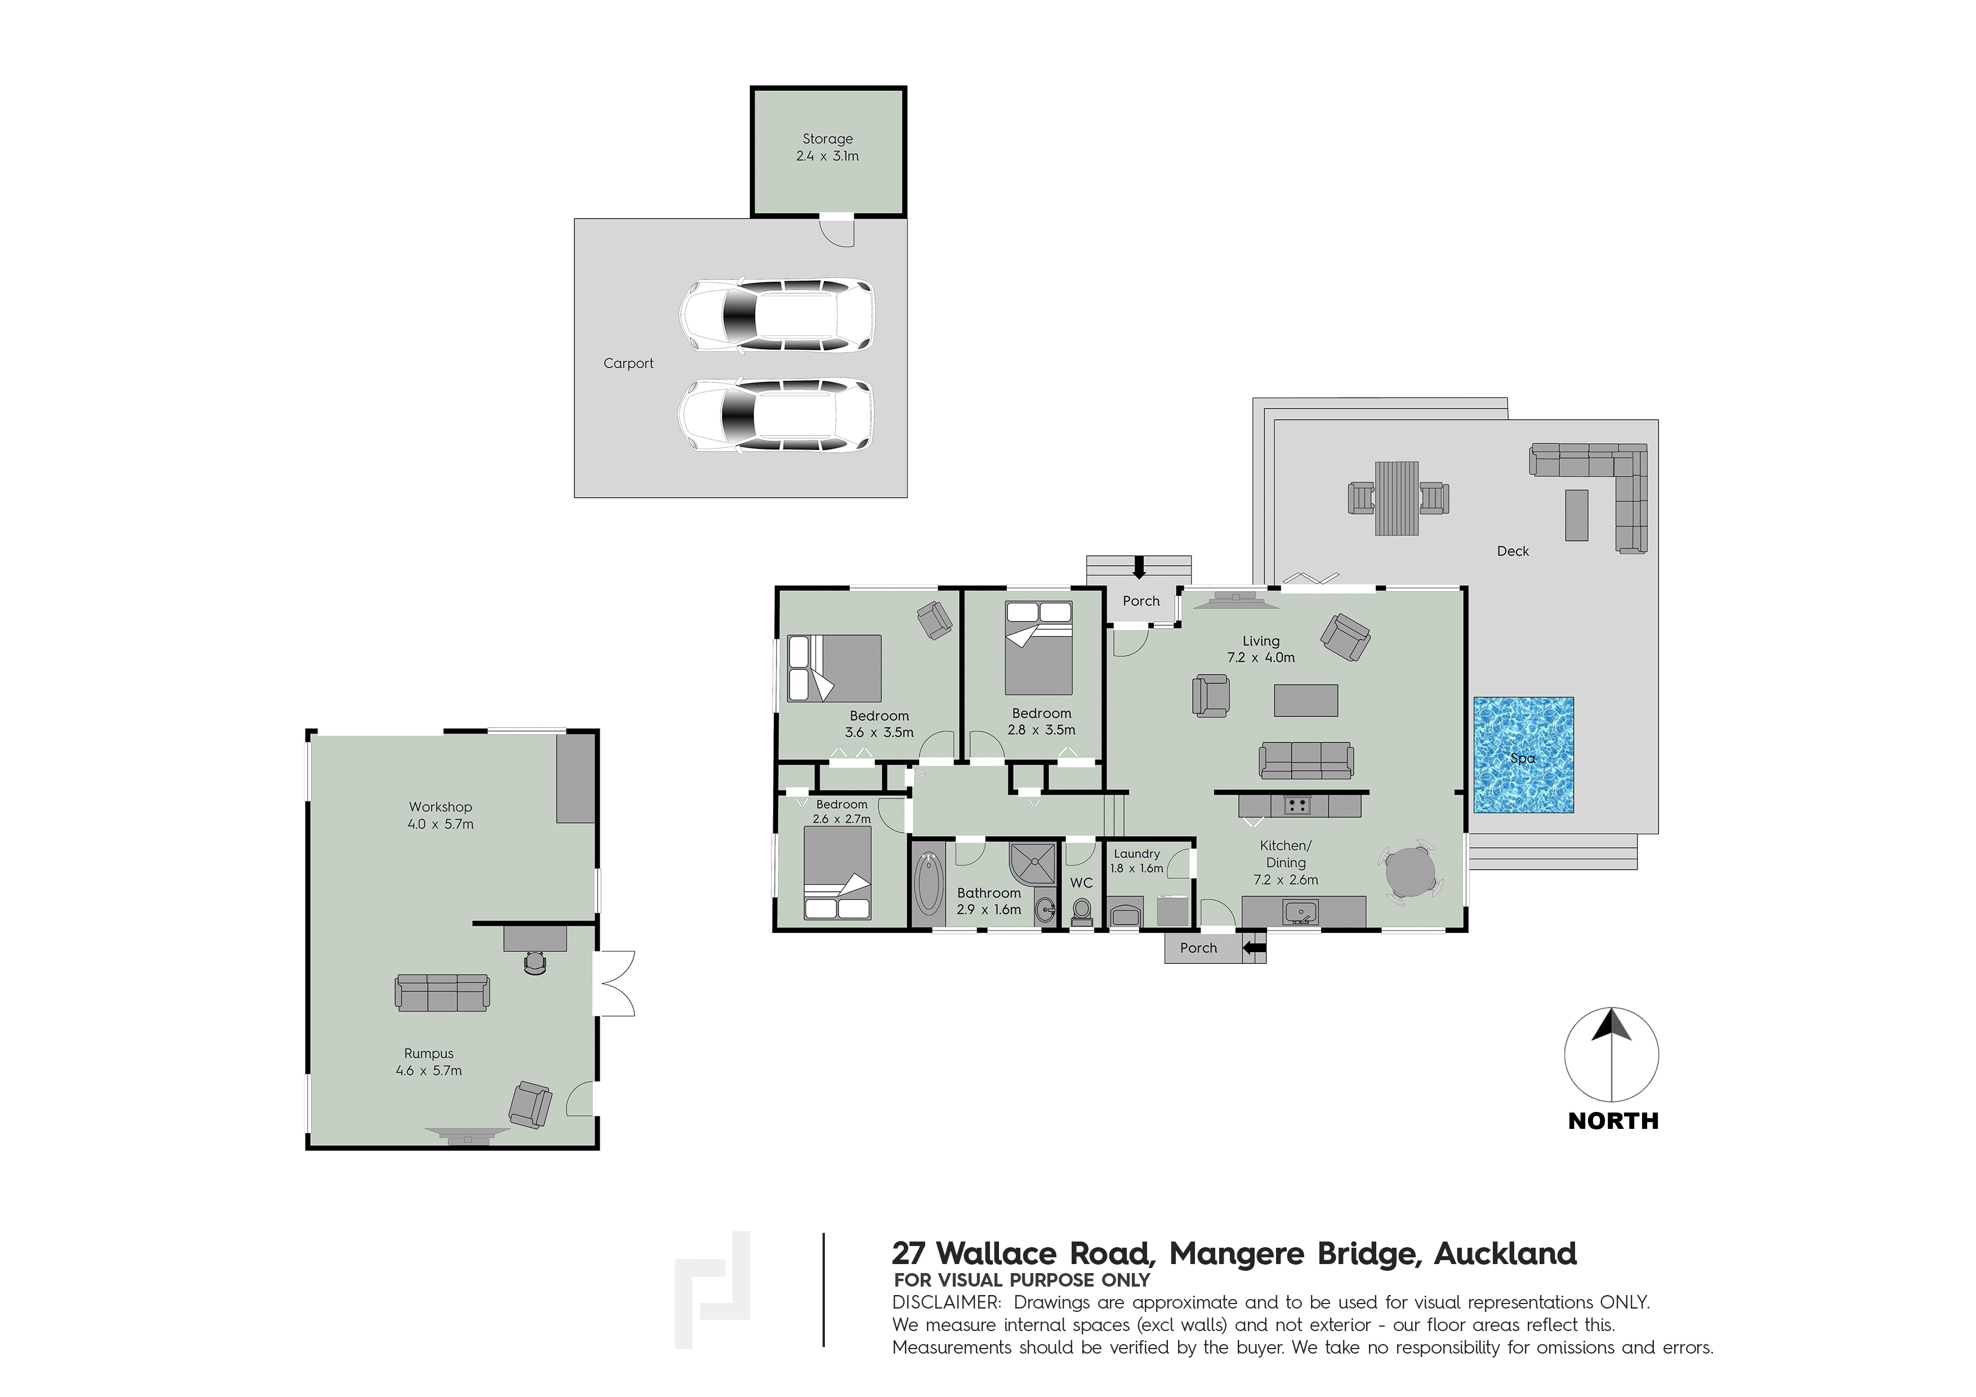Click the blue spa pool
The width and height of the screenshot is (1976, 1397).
pyautogui.click(x=1523, y=755)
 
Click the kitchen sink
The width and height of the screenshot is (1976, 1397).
pyautogui.click(x=1300, y=911)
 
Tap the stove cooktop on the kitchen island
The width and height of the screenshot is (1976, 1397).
pyautogui.click(x=1296, y=806)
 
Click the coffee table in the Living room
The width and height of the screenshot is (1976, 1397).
pyautogui.click(x=1305, y=700)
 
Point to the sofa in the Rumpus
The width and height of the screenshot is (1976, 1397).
pyautogui.click(x=443, y=993)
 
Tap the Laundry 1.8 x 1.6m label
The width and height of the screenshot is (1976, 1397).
pyautogui.click(x=1136, y=861)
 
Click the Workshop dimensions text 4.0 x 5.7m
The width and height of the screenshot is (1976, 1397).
pyautogui.click(x=440, y=824)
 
